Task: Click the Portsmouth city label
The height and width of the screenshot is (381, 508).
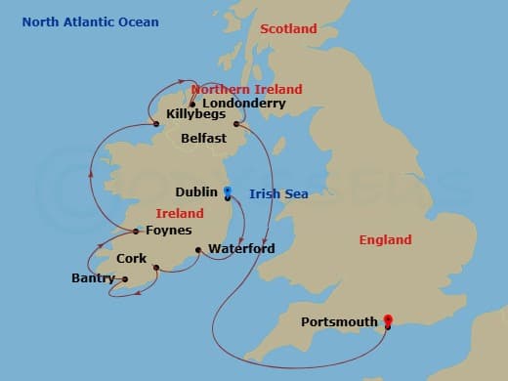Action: [x=339, y=321]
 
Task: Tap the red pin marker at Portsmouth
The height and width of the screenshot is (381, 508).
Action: [x=388, y=320]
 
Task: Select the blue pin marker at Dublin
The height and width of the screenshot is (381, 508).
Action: [x=228, y=192]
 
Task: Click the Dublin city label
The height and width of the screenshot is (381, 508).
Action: [x=196, y=192]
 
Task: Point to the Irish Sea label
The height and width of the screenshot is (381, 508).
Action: [x=278, y=193]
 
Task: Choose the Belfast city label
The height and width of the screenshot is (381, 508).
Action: [x=203, y=139]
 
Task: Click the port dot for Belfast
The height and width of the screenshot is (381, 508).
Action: [x=235, y=124]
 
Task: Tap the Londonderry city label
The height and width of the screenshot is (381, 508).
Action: [x=243, y=103]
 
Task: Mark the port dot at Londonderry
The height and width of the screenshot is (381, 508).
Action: [x=192, y=104]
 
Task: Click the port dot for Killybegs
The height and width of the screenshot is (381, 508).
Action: [x=156, y=124]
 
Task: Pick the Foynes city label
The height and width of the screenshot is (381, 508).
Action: [x=168, y=231]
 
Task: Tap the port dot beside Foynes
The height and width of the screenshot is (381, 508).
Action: [x=136, y=232]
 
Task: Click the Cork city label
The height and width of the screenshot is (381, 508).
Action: [x=131, y=259]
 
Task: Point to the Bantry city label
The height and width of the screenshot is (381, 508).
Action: [x=94, y=279]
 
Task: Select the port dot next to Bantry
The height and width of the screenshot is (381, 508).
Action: [x=124, y=279]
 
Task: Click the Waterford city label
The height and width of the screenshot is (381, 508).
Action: [x=239, y=248]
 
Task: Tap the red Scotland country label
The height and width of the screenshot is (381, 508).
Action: [x=288, y=29]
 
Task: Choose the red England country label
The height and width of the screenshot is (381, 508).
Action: [x=385, y=239]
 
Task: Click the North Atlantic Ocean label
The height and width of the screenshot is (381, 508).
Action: [x=90, y=21]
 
